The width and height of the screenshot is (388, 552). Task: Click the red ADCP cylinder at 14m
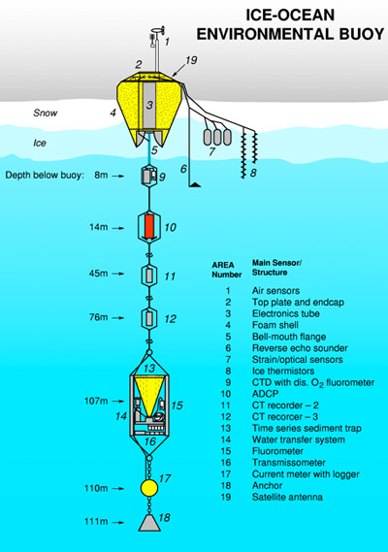[149, 227]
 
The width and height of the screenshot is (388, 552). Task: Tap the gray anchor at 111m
[149, 523]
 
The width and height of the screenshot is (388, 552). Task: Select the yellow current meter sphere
[149, 488]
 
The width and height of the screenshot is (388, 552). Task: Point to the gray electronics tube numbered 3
[149, 105]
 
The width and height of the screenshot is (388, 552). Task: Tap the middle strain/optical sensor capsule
[217, 137]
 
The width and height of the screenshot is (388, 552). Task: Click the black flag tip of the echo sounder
[195, 184]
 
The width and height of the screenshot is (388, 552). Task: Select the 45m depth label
[99, 274]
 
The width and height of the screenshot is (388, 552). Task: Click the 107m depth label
[96, 401]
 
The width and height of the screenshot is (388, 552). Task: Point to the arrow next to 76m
[118, 317]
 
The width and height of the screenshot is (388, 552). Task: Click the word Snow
[46, 113]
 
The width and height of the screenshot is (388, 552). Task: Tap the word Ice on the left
[40, 143]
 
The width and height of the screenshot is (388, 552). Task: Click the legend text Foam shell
[275, 325]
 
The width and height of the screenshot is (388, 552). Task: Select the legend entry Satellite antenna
[287, 497]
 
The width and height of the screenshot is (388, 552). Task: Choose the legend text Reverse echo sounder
[300, 348]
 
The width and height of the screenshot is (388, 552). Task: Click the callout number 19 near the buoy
[191, 60]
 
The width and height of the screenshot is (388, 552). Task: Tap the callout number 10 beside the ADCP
[171, 227]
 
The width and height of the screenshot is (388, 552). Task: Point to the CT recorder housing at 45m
[149, 276]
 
